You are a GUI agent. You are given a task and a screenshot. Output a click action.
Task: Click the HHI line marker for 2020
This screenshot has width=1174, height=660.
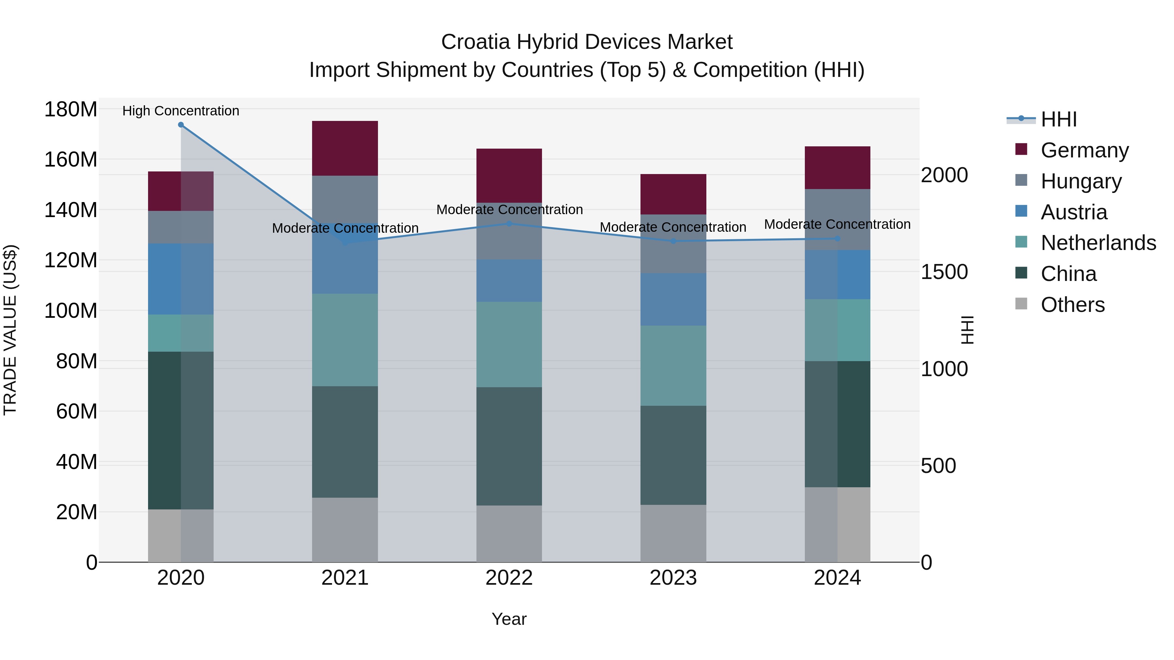(x=181, y=125)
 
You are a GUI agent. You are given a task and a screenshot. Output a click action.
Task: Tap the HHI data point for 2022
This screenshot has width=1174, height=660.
(x=509, y=224)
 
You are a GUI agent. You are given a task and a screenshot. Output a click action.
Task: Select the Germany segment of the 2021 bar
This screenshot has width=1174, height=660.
(x=345, y=149)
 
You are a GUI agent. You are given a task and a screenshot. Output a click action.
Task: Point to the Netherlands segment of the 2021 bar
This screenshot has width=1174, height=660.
(x=345, y=340)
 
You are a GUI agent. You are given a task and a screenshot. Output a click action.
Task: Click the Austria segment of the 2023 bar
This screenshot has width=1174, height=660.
(x=673, y=299)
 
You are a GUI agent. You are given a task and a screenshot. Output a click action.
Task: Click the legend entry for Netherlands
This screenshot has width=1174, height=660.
(x=1098, y=243)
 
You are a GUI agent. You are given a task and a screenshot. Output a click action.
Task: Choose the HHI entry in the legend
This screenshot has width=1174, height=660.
(x=1058, y=119)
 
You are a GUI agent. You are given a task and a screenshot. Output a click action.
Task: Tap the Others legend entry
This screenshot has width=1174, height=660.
(x=1072, y=305)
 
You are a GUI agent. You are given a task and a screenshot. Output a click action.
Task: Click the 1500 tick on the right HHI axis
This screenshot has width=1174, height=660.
(x=944, y=272)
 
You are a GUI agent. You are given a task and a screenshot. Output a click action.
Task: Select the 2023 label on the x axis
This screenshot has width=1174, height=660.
(x=673, y=578)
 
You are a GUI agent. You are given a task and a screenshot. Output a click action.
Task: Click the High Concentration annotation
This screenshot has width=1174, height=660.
(x=181, y=111)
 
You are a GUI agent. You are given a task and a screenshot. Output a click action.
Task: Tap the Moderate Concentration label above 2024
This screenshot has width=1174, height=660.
(x=837, y=224)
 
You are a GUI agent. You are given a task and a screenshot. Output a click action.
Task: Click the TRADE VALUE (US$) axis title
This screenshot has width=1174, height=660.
(x=10, y=330)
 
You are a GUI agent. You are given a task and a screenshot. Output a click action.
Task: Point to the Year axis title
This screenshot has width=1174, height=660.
(x=509, y=619)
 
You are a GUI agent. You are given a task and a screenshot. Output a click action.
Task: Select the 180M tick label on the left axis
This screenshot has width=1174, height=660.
(x=71, y=110)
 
